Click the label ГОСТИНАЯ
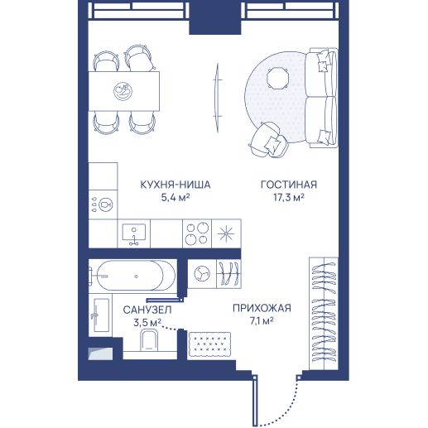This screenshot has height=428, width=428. click(x=289, y=185)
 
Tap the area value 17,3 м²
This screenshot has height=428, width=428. click(x=289, y=197)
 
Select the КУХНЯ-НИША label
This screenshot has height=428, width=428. click(x=176, y=185)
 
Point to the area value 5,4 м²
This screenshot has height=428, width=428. click(x=176, y=197)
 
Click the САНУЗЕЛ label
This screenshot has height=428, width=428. click(x=147, y=310)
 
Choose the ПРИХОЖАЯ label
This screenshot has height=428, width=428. click(x=262, y=308)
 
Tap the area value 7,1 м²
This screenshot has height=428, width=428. click(x=262, y=321)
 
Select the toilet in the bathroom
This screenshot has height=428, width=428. click(x=149, y=341)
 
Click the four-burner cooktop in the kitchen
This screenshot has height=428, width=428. click(x=197, y=233)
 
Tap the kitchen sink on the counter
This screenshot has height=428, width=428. click(x=134, y=233)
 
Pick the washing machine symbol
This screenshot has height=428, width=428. click(x=202, y=274)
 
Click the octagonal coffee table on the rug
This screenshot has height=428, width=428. click(x=278, y=78)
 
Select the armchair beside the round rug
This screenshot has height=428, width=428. click(x=268, y=140)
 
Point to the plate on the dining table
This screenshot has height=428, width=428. click(x=123, y=91)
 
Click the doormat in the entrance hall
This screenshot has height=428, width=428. click(x=209, y=344)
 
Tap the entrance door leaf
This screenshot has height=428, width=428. click(x=255, y=402)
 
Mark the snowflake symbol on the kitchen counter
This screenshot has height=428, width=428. click(x=226, y=233)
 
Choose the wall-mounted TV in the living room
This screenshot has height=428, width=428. click(x=218, y=98)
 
